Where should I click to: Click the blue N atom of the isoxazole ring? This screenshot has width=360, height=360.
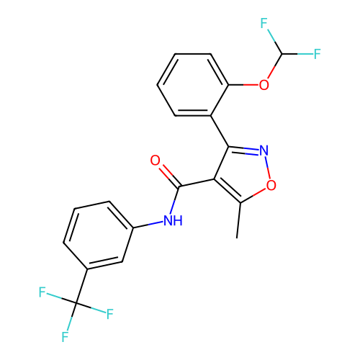click(x=264, y=150)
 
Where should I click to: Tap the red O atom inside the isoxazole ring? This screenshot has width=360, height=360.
click(x=271, y=185)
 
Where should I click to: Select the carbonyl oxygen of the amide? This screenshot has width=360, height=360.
click(x=155, y=160)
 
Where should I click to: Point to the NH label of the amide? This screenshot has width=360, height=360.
click(x=173, y=220)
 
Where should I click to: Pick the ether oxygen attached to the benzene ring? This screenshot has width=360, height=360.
click(x=264, y=85)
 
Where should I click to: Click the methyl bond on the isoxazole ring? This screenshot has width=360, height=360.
click(x=239, y=220)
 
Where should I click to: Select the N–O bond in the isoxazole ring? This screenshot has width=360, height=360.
click(x=267, y=168)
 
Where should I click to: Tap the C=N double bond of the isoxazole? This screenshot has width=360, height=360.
click(x=243, y=150)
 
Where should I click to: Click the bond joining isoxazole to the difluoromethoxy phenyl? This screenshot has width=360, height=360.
click(x=220, y=131)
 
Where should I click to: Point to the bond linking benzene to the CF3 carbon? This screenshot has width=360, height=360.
click(x=81, y=286)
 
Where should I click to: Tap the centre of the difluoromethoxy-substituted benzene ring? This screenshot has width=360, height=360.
click(x=193, y=85)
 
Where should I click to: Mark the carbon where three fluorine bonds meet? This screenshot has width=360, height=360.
click(x=76, y=303)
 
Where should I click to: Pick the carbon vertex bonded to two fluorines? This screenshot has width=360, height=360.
click(x=282, y=54)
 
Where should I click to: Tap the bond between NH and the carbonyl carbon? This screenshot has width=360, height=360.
click(x=175, y=200)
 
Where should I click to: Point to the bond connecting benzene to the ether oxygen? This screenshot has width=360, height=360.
click(x=243, y=85)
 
